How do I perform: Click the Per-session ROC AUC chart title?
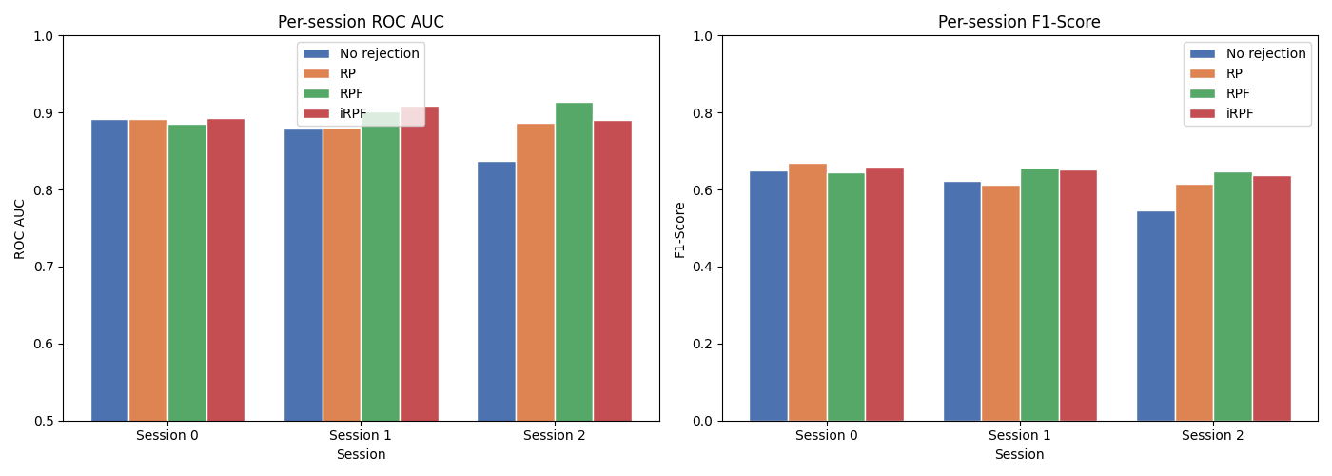click(x=361, y=22)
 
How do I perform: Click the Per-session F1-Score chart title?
click(x=1019, y=22)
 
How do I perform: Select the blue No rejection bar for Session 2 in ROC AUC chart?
click(x=496, y=291)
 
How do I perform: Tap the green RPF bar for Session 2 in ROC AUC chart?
click(x=574, y=262)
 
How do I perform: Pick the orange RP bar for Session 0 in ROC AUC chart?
click(x=148, y=270)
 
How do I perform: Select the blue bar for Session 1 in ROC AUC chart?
click(x=303, y=275)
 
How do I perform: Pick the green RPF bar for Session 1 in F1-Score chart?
click(x=1039, y=295)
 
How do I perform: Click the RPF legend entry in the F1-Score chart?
click(x=1238, y=93)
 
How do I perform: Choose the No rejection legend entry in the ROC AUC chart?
click(x=379, y=53)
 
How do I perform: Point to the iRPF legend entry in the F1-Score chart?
click(x=1240, y=113)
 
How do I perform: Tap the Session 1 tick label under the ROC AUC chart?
click(x=361, y=436)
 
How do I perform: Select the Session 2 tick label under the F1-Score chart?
click(x=1212, y=436)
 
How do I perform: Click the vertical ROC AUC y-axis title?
click(x=20, y=228)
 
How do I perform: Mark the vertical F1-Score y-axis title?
click(x=679, y=228)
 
